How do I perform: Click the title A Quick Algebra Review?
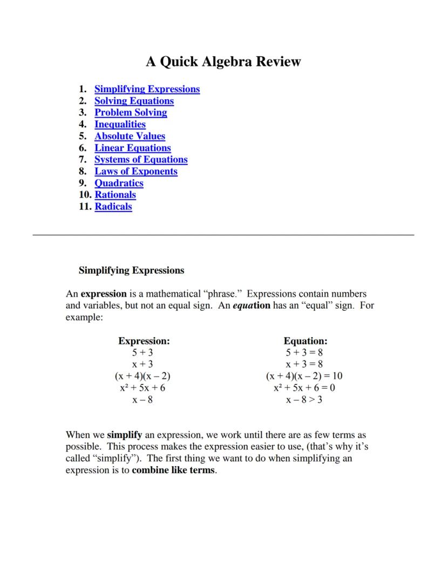(223, 62)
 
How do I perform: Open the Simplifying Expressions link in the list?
(147, 89)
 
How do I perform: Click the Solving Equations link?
(134, 101)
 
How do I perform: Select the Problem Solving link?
(131, 113)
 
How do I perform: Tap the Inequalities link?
(120, 124)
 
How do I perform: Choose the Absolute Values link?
(130, 136)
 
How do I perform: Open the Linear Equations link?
(133, 148)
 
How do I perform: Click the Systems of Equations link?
(141, 160)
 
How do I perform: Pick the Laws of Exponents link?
(136, 172)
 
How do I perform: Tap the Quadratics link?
(119, 183)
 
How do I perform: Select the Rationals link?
(115, 195)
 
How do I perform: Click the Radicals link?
(113, 207)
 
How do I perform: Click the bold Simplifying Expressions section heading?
(131, 270)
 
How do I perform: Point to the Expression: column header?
(144, 341)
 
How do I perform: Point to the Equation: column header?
(306, 341)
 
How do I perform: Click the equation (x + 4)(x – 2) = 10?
(304, 376)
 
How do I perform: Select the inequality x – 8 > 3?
(304, 400)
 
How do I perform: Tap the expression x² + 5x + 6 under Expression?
(143, 388)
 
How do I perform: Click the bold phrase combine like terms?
(173, 470)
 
